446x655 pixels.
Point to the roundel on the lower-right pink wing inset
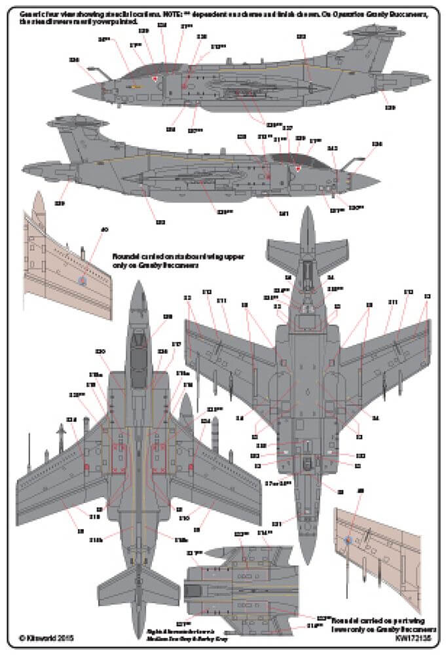(x=348, y=540)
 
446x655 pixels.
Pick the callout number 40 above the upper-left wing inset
(x=103, y=230)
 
